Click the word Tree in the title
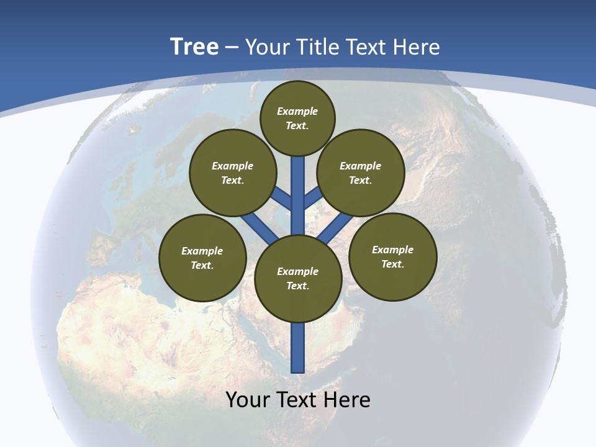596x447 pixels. [x=194, y=47]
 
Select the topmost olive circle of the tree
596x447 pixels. [x=297, y=118]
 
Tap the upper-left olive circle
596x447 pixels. [x=232, y=173]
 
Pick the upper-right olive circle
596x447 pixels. [x=361, y=173]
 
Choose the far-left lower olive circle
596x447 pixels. [x=202, y=258]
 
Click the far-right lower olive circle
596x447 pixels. [x=392, y=256]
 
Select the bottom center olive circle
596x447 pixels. [x=298, y=279]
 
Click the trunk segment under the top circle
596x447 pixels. [x=298, y=186]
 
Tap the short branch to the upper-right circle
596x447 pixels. [x=312, y=198]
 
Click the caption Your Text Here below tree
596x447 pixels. [x=298, y=400]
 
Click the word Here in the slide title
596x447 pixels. [x=417, y=47]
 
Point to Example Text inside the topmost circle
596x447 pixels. [x=297, y=118]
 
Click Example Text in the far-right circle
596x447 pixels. [x=392, y=256]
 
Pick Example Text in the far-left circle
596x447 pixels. [x=202, y=258]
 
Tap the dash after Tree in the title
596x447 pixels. [x=232, y=48]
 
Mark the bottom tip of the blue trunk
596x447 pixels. [x=298, y=371]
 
